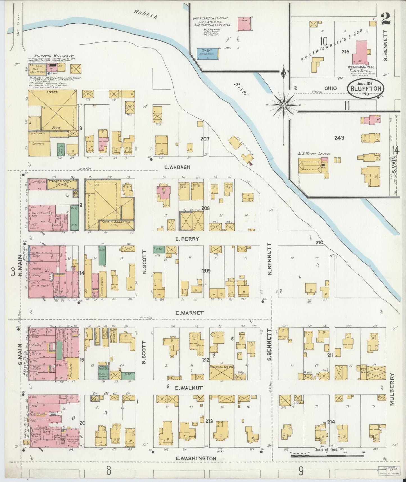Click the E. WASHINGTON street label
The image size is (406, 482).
(x=196, y=458)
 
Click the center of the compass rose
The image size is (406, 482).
(x=284, y=105)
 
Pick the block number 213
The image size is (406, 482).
(x=209, y=421)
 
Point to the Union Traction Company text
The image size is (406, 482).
(x=211, y=18)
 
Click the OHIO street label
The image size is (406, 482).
(x=330, y=88)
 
